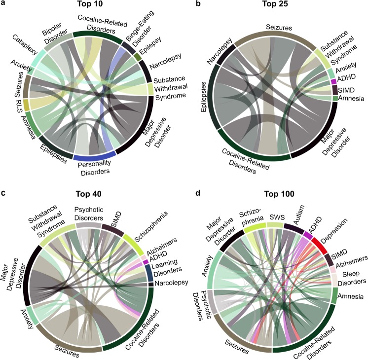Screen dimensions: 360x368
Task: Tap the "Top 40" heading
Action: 91,194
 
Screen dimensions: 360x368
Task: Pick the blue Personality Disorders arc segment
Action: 94,157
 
